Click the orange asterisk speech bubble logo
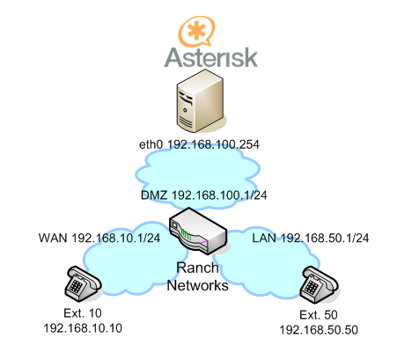click(196, 31)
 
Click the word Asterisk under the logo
click(210, 57)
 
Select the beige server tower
click(200, 101)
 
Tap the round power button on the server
click(185, 110)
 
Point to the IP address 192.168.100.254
click(213, 144)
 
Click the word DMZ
click(154, 195)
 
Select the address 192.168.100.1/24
click(219, 195)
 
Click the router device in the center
click(198, 231)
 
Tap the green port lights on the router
click(187, 234)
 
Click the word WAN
click(53, 238)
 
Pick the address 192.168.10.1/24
click(116, 238)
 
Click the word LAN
click(264, 238)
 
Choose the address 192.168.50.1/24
click(325, 238)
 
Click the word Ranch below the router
click(197, 268)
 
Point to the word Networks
click(198, 285)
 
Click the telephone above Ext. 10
click(83, 283)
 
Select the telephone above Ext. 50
click(319, 284)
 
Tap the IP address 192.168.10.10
click(83, 328)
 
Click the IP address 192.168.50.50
click(319, 330)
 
